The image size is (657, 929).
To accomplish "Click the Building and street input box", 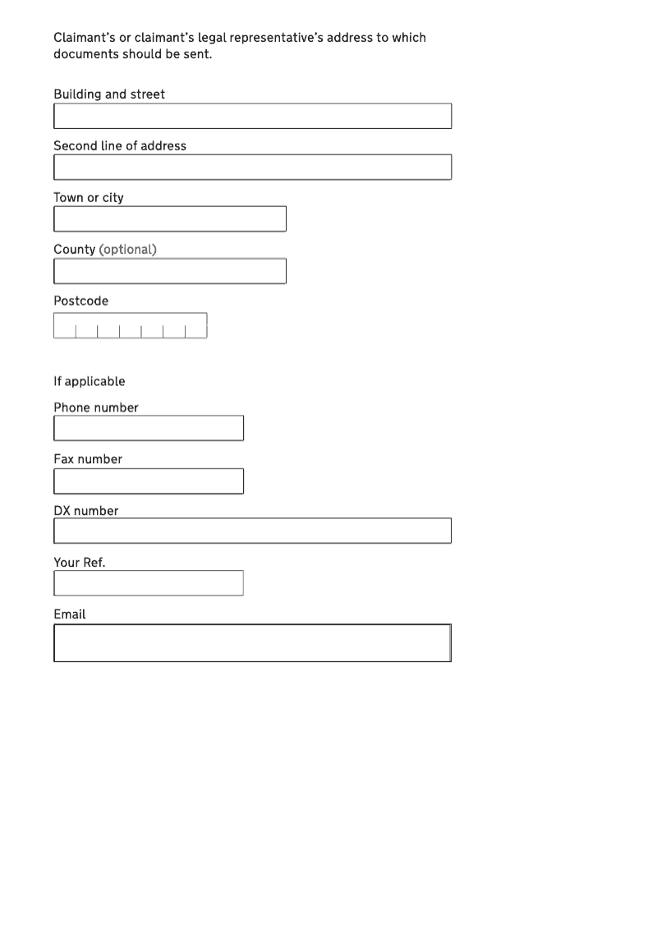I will tap(252, 116).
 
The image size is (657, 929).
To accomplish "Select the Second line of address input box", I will tap(252, 168).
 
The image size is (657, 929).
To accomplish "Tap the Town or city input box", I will tap(170, 219).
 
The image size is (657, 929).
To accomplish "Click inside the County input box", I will tap(170, 271).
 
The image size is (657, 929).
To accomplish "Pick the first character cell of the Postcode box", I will tap(65, 326).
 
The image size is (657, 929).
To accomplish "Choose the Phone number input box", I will tap(149, 428).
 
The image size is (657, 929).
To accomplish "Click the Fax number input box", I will tap(149, 481).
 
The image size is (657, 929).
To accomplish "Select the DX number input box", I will tap(252, 531).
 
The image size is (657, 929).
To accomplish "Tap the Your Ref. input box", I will tap(149, 583).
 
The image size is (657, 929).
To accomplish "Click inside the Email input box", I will tap(252, 643).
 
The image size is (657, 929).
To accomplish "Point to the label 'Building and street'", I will tap(109, 94).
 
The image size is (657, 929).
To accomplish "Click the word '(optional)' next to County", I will tap(127, 250).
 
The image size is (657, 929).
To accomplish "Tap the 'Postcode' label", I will tap(80, 301).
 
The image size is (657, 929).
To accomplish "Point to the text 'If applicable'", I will tap(90, 381).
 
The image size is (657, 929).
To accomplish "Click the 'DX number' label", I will tap(86, 511).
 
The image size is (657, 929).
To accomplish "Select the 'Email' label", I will tap(70, 614).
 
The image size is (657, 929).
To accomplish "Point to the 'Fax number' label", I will tap(88, 459).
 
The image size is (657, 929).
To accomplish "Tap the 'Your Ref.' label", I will tap(80, 563).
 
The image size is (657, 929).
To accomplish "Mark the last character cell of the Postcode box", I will tap(196, 326).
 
